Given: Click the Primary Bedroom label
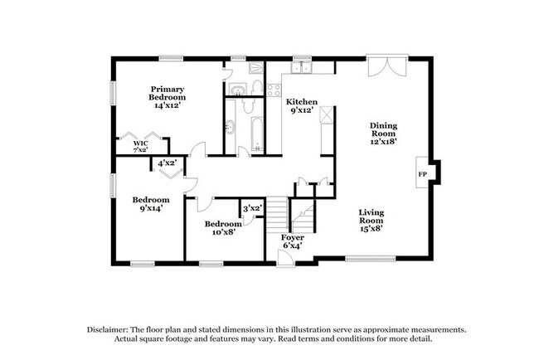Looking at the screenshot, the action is [167, 97].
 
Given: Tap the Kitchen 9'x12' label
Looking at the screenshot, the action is [302, 106].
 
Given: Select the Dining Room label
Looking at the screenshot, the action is [384, 134].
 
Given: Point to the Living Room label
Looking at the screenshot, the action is [371, 221].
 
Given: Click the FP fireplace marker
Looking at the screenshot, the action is [422, 174].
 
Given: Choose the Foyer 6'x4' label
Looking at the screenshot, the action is [293, 241].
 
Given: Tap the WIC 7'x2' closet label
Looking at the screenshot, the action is [141, 147].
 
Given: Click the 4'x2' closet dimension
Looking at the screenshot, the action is [167, 163].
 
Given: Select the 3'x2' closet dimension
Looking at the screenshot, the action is [253, 208].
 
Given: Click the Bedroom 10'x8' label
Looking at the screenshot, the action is [223, 227].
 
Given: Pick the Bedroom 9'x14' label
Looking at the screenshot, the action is [151, 204].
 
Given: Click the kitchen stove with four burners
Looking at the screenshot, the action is [274, 90].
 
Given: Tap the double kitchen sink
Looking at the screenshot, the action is [301, 68].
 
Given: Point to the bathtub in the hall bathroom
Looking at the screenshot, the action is [257, 134].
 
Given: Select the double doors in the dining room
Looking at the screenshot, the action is [387, 66].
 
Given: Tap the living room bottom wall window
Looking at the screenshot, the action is [370, 258].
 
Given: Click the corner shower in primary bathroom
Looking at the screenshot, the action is [255, 67].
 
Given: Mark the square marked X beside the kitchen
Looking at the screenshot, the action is [327, 114].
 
